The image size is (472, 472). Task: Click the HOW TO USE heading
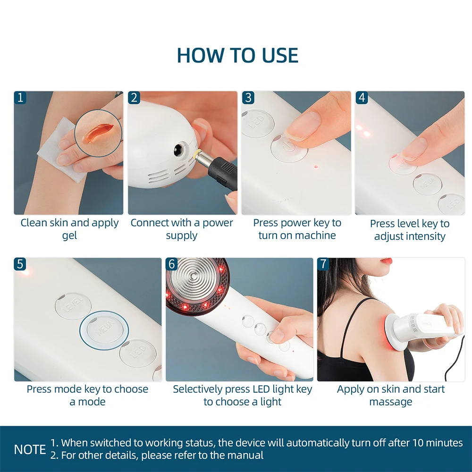click(237, 55)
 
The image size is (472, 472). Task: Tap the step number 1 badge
click(20, 98)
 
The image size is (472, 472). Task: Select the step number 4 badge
click(362, 98)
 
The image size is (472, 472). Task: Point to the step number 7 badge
click(323, 264)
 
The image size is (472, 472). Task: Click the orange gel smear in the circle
click(97, 133)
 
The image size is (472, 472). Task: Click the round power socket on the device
click(180, 149)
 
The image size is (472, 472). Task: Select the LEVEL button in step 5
click(73, 306)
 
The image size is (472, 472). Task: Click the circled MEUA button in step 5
click(104, 330)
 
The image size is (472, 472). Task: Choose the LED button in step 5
click(138, 353)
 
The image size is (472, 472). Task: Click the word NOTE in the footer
click(30, 449)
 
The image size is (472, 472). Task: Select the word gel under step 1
click(69, 236)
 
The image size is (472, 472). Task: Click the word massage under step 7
click(391, 402)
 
